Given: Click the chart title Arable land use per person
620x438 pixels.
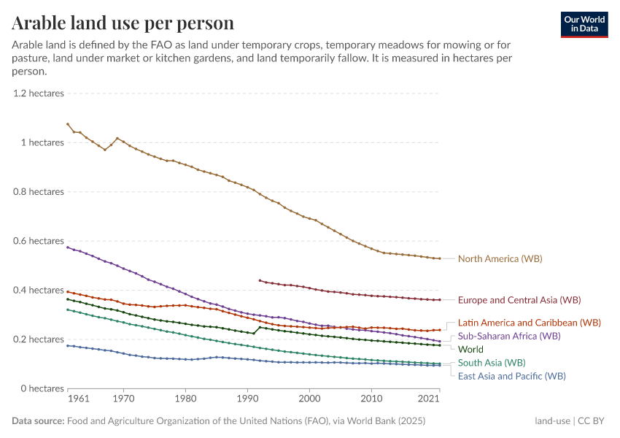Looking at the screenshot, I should coord(123,23).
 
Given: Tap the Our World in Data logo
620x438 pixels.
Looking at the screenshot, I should coord(584,24).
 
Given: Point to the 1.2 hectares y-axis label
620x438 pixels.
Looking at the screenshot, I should coord(38,93).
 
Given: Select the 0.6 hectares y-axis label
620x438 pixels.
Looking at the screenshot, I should coord(38,241).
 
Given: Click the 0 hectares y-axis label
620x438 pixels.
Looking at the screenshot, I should coord(42,388).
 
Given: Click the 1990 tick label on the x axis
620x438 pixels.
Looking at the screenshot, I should coord(247,399).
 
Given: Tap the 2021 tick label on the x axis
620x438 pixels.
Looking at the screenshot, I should coord(429,399).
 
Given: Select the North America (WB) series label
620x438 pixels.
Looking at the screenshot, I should coord(500,258).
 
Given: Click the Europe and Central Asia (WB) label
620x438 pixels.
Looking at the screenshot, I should coord(519,299).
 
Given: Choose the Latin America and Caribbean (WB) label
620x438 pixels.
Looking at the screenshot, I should coord(530,322).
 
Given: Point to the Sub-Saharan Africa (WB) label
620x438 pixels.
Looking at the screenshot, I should coord(509,336).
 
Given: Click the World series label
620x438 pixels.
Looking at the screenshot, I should coord(470,349).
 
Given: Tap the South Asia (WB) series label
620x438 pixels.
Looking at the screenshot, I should coord(491,362).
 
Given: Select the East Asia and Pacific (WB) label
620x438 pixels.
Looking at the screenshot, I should coord(511,376).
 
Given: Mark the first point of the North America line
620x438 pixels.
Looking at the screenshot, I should coord(67,124).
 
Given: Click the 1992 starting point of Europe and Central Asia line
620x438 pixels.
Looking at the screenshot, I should coord(260,280).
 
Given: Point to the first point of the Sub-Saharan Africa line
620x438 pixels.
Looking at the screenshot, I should coord(67,247).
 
